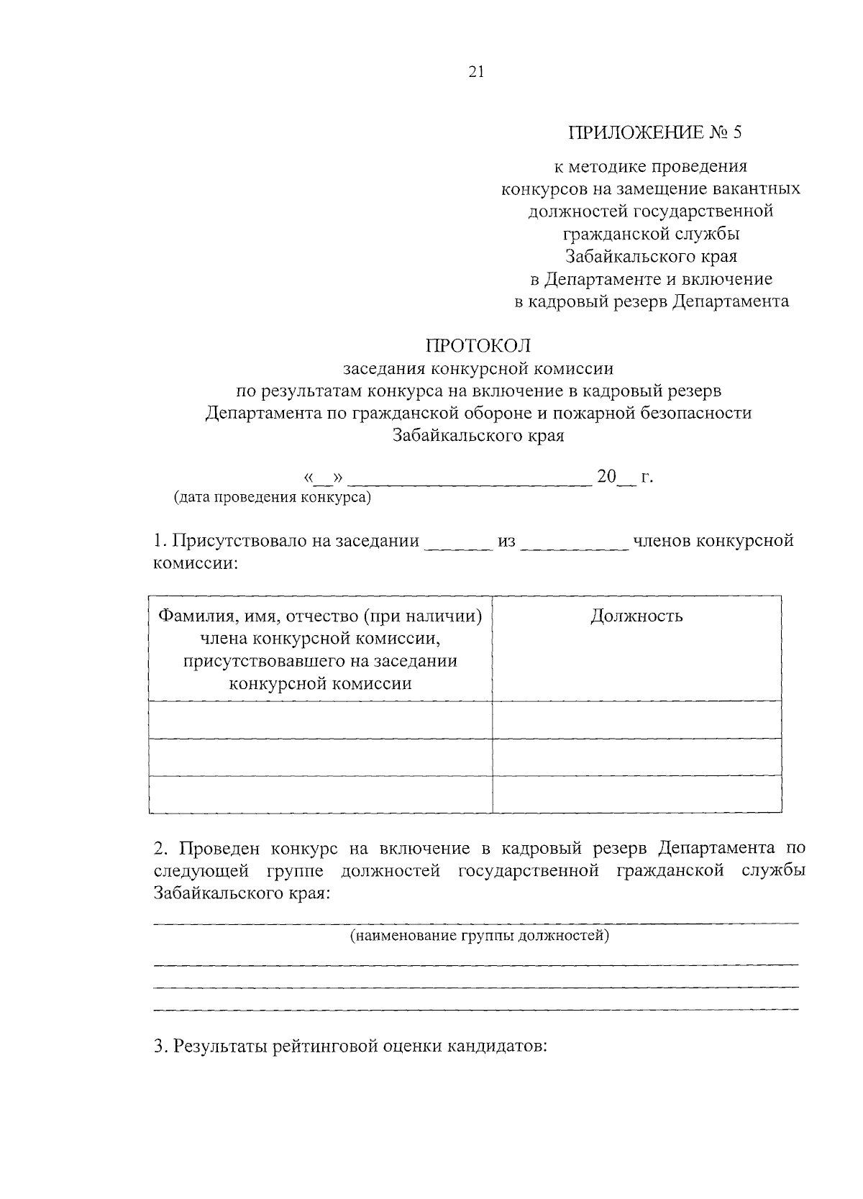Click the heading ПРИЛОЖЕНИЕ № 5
654,133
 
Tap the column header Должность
636,616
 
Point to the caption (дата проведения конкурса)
273,498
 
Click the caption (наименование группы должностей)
480,936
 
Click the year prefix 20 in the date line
607,477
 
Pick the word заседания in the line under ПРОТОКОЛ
384,369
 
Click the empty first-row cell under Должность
636,719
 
